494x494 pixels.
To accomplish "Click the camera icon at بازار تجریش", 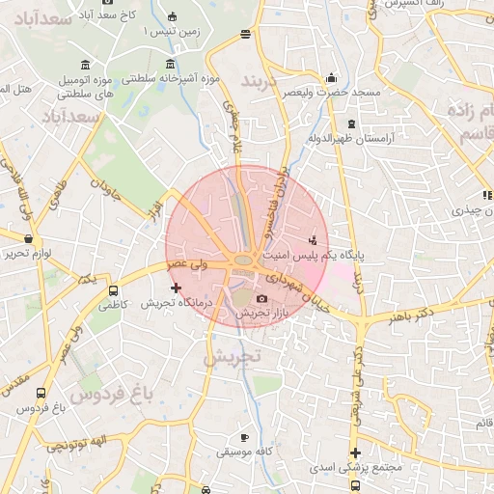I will coord(261,299).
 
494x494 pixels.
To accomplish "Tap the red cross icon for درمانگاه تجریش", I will coord(175,288).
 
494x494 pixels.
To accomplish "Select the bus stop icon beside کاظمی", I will coord(113,290).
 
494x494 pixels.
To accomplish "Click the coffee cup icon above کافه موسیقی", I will coord(243,437).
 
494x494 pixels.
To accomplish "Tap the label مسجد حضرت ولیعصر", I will coord(332,93).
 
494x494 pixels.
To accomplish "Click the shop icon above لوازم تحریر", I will coord(28,238).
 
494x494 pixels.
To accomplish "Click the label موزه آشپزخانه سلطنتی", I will coord(173,77).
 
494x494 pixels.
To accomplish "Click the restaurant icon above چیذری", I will coord(487,194).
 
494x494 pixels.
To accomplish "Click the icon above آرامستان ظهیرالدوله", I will coord(350,123).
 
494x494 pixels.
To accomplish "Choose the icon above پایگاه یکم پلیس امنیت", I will coord(312,239).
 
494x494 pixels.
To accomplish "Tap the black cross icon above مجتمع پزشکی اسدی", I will coord(355,453).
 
